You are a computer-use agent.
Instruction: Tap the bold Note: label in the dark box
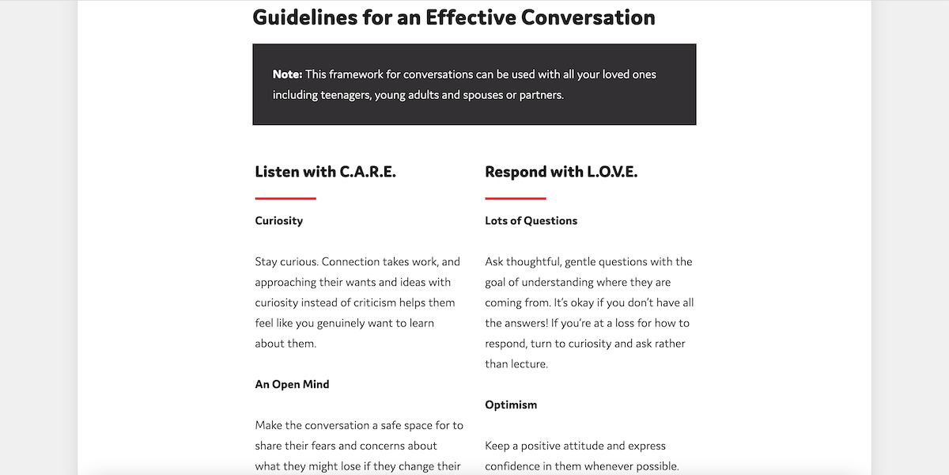tap(287, 74)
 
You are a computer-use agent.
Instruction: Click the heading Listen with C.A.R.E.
tap(325, 172)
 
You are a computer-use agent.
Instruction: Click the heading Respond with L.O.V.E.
tap(561, 172)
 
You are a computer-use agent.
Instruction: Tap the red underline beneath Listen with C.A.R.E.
tap(285, 198)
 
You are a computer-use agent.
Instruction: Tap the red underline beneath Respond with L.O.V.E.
tap(516, 198)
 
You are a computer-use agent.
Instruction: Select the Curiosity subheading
tap(278, 221)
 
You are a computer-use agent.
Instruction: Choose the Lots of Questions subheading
tap(531, 221)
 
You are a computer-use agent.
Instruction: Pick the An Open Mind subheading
tap(292, 385)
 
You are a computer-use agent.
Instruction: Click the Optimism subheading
tap(511, 405)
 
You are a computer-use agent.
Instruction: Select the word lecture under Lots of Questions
tap(527, 364)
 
